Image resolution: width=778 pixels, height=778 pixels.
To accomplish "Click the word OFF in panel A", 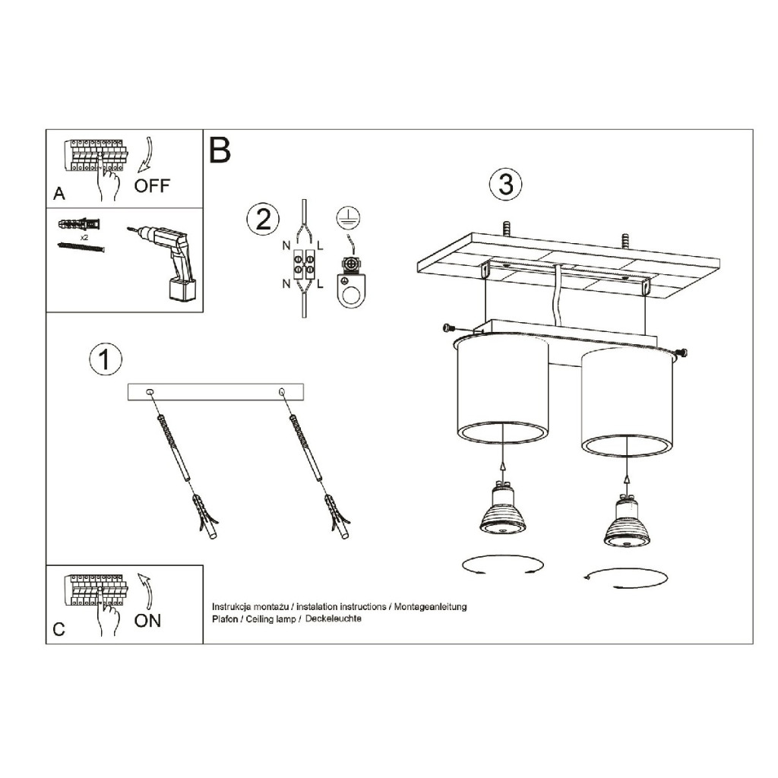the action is (152, 186).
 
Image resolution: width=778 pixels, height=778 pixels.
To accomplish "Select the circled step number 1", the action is (105, 359).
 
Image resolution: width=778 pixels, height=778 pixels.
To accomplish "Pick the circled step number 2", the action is (263, 220).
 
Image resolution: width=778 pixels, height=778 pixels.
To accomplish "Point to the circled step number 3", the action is (505, 184).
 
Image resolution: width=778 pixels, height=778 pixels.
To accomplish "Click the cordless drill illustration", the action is (165, 262).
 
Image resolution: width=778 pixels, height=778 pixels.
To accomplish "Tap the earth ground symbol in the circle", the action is (348, 217).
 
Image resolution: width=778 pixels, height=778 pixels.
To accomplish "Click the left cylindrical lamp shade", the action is (502, 390).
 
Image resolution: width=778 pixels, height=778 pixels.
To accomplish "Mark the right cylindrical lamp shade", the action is (627, 402).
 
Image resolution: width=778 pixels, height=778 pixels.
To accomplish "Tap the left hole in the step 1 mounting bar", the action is (150, 392).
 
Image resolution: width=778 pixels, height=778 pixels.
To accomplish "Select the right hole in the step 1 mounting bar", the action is (282, 392).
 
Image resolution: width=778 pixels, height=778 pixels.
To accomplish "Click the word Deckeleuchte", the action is (333, 618).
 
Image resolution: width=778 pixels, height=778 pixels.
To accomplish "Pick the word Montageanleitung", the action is (430, 607).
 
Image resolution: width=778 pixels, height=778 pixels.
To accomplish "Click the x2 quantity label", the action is (84, 238).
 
